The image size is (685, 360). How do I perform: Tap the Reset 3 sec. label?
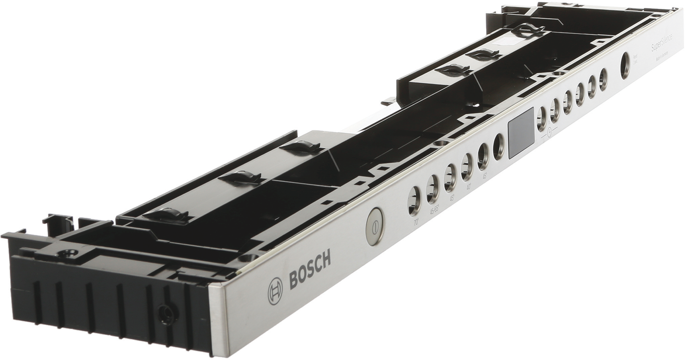(636, 59)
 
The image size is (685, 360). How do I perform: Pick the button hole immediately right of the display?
(542, 117)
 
